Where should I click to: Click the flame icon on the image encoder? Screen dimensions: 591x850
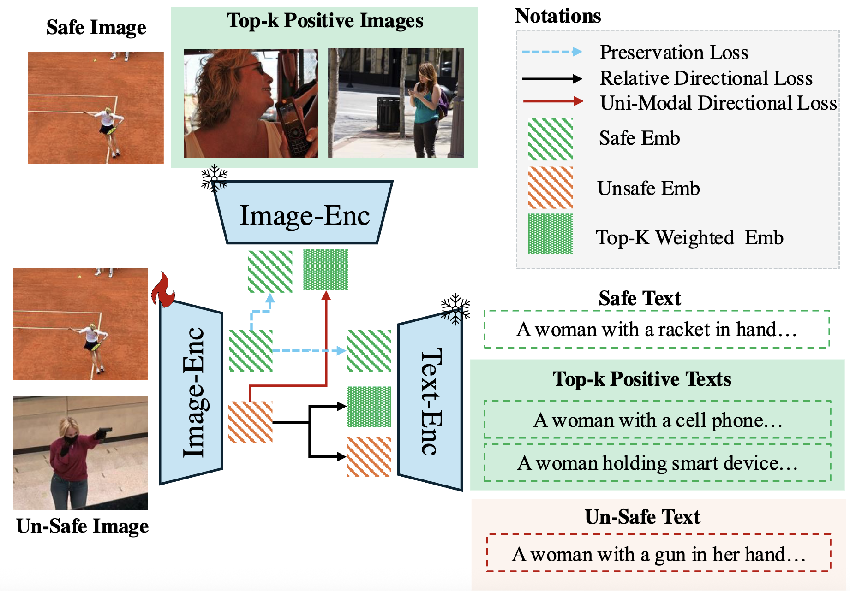point(163,290)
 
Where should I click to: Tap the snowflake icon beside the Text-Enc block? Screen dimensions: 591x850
point(455,308)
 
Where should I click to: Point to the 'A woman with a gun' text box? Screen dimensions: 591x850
point(658,553)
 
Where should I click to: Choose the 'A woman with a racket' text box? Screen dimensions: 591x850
point(657,329)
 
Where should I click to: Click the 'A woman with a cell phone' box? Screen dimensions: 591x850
point(658,420)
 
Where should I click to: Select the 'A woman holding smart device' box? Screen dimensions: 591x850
point(658,463)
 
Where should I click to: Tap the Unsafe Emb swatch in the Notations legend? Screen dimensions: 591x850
point(551,188)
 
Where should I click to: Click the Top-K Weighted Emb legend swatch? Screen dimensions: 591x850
point(551,234)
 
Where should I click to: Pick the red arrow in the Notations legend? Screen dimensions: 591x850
point(553,101)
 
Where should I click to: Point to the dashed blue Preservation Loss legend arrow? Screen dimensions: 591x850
point(552,52)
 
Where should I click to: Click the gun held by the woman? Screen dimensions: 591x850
point(103,432)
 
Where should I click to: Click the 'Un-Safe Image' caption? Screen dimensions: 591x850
point(82,526)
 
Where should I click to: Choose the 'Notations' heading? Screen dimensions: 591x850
point(558,16)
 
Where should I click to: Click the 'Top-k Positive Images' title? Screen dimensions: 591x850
point(325,21)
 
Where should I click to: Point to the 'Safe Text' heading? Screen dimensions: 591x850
point(640,298)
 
